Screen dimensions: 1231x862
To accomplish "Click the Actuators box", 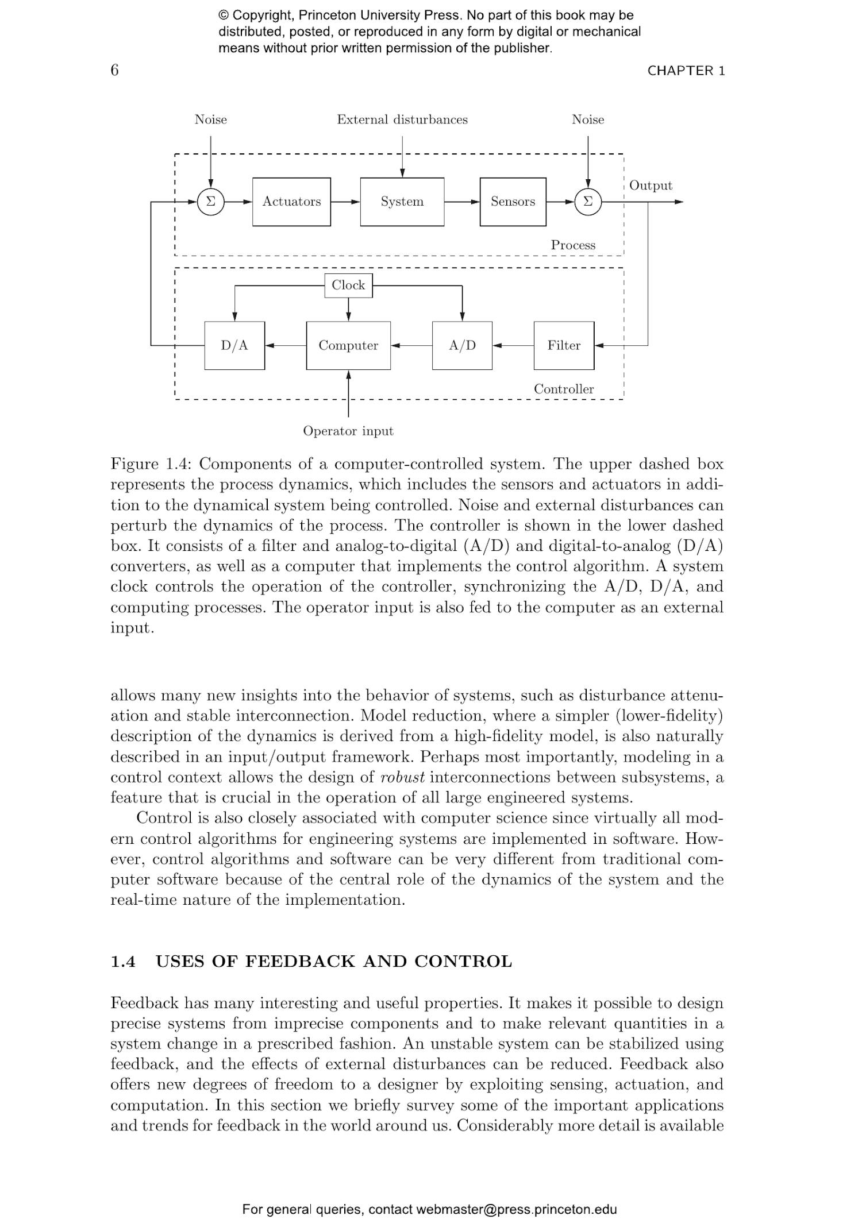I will click(291, 202).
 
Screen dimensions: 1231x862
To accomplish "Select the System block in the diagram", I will click(402, 202).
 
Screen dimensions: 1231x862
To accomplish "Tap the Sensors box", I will click(513, 202).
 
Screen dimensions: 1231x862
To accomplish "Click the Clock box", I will click(348, 285).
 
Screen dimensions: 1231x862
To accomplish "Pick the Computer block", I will click(348, 345).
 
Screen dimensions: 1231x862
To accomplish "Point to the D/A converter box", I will click(234, 345).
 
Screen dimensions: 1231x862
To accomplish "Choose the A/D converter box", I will click(462, 345).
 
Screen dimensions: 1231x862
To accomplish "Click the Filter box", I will click(564, 345).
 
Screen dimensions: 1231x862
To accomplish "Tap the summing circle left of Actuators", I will click(210, 202).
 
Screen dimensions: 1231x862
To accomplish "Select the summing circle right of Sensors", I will click(587, 202).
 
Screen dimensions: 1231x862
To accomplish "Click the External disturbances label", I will click(402, 119).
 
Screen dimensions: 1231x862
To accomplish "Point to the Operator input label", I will click(348, 431).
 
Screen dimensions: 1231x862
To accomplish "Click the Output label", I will click(651, 186).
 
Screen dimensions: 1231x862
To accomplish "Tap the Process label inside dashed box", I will click(573, 245).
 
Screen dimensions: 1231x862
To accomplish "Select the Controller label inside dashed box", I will click(564, 389).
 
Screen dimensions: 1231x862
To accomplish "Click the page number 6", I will click(115, 70).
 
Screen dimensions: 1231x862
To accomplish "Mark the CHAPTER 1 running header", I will click(686, 71).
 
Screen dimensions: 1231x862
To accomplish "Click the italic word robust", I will click(402, 777).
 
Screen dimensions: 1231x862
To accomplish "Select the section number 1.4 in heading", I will click(123, 962).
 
